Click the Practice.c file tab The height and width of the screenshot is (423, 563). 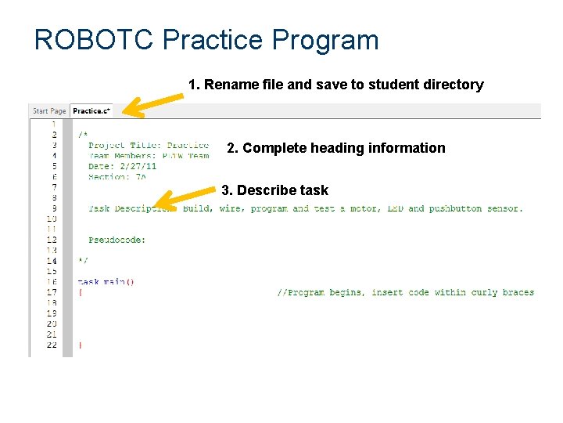click(x=91, y=111)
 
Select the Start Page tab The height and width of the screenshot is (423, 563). click(x=49, y=111)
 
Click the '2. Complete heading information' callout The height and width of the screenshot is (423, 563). click(x=335, y=148)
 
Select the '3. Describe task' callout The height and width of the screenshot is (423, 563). click(x=274, y=190)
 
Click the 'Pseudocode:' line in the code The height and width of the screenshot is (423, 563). click(x=117, y=240)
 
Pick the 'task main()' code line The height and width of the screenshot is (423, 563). click(x=106, y=282)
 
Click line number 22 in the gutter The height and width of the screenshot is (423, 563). click(x=52, y=345)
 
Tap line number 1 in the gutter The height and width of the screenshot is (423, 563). click(x=53, y=124)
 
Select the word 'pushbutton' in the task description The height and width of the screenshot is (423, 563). click(x=457, y=208)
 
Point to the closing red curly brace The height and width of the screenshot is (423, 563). click(x=80, y=345)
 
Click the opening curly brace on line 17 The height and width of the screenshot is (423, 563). click(x=80, y=293)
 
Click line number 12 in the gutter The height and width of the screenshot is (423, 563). click(x=52, y=240)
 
